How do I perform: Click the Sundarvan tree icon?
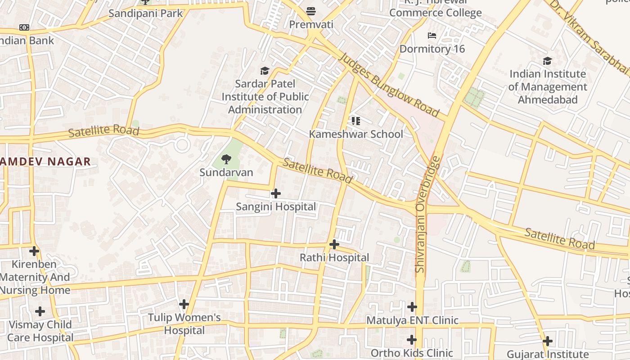pyautogui.click(x=226, y=159)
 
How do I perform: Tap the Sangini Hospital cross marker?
pyautogui.click(x=276, y=193)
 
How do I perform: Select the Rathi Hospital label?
pyautogui.click(x=334, y=258)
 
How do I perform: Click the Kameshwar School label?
pyautogui.click(x=356, y=134)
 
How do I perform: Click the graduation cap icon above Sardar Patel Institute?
pyautogui.click(x=265, y=71)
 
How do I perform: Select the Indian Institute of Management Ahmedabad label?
pyautogui.click(x=548, y=87)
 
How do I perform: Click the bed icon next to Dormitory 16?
pyautogui.click(x=432, y=36)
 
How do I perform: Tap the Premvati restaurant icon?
pyautogui.click(x=311, y=11)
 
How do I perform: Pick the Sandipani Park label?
pyautogui.click(x=146, y=13)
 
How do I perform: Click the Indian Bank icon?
pyautogui.click(x=24, y=27)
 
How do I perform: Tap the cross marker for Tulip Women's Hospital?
pyautogui.click(x=184, y=304)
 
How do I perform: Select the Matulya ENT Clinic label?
pyautogui.click(x=412, y=320)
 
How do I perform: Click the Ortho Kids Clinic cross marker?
pyautogui.click(x=412, y=340)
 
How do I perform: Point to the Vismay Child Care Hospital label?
pyautogui.click(x=40, y=331)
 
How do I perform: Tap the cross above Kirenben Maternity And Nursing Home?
pyautogui.click(x=34, y=251)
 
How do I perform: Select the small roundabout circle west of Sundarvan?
pyautogui.click(x=182, y=145)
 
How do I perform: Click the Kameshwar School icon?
pyautogui.click(x=356, y=121)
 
